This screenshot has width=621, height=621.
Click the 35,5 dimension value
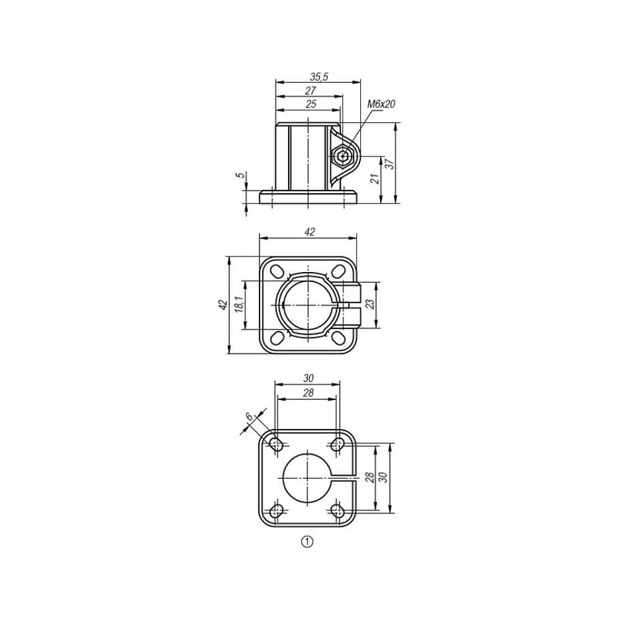[319, 76]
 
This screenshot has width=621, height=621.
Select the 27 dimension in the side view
[310, 91]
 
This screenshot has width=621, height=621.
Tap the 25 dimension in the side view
[311, 104]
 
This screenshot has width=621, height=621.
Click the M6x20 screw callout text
[381, 104]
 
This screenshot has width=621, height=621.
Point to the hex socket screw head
[343, 156]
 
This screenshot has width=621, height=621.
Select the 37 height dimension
[390, 164]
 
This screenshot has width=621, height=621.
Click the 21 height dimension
[374, 179]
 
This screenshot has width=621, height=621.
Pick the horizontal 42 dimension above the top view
[309, 232]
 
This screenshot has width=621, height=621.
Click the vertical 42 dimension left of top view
[224, 304]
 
